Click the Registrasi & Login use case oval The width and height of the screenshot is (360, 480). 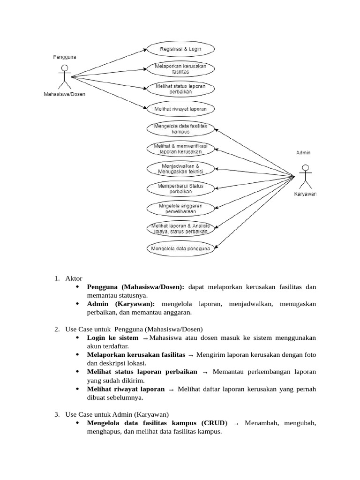pyautogui.click(x=181, y=48)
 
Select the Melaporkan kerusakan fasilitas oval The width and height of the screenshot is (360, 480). pyautogui.click(x=181, y=69)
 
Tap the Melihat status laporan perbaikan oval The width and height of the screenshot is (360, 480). pyautogui.click(x=181, y=89)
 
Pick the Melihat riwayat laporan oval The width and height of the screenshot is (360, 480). pyautogui.click(x=181, y=109)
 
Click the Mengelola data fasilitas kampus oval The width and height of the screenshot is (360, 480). pyautogui.click(x=180, y=128)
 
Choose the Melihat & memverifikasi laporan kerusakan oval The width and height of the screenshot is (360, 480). pyautogui.click(x=180, y=149)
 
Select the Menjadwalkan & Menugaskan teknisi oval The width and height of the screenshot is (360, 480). pyautogui.click(x=180, y=168)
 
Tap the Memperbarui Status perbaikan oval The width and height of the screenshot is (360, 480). pyautogui.click(x=180, y=188)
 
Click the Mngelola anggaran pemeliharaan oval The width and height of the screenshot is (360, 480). pyautogui.click(x=180, y=208)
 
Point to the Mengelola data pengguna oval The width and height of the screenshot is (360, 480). pyautogui.click(x=180, y=248)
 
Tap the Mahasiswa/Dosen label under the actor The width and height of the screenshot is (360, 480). pyautogui.click(x=65, y=93)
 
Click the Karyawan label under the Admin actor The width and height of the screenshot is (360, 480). pyautogui.click(x=305, y=195)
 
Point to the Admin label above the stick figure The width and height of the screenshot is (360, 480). pyautogui.click(x=303, y=153)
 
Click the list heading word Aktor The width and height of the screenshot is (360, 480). pyautogui.click(x=74, y=278)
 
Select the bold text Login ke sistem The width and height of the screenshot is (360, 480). pyautogui.click(x=112, y=338)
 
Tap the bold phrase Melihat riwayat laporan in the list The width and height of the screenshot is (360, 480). pyautogui.click(x=126, y=389)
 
